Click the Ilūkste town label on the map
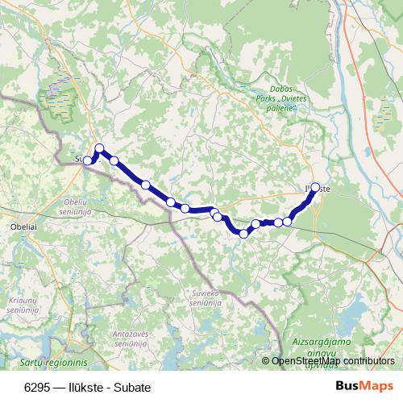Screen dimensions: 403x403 click(x=321, y=189)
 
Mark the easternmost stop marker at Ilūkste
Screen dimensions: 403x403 click(x=315, y=186)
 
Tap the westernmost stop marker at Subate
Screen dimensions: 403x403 click(x=88, y=160)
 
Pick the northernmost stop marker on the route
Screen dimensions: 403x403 click(x=100, y=147)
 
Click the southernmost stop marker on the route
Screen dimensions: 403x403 click(x=243, y=234)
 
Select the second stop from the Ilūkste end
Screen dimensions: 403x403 click(x=287, y=221)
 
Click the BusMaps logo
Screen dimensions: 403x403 click(x=359, y=386)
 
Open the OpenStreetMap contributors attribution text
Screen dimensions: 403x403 click(x=333, y=362)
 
